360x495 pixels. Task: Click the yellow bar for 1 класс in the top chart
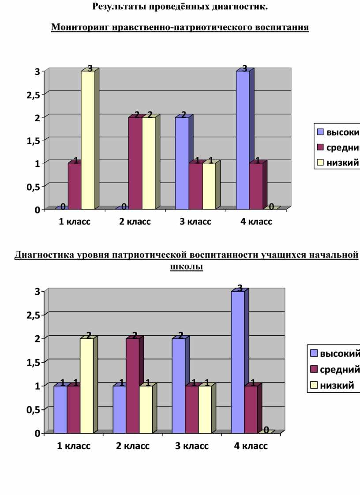tap(88, 140)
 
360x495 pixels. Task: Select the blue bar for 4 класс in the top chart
tap(243, 140)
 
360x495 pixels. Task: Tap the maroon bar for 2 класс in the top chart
tap(135, 163)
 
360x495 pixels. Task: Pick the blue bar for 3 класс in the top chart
tap(182, 163)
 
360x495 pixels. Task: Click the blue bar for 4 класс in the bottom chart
tap(238, 362)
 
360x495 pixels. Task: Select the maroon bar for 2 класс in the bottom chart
tap(133, 386)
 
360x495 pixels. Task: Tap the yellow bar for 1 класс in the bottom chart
tap(86, 386)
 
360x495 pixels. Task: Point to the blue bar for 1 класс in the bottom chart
tap(60, 409)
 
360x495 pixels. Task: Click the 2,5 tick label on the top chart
tap(34, 95)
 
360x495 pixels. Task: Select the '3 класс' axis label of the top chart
tap(195, 221)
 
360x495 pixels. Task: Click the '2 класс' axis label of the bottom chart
tap(133, 446)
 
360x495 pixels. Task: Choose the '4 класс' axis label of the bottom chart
tap(251, 446)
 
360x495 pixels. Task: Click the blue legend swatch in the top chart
tap(320, 132)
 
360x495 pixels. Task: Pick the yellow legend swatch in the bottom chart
tap(314, 385)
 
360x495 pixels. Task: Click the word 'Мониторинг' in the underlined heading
tap(80, 28)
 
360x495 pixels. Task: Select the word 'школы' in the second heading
tap(187, 267)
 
